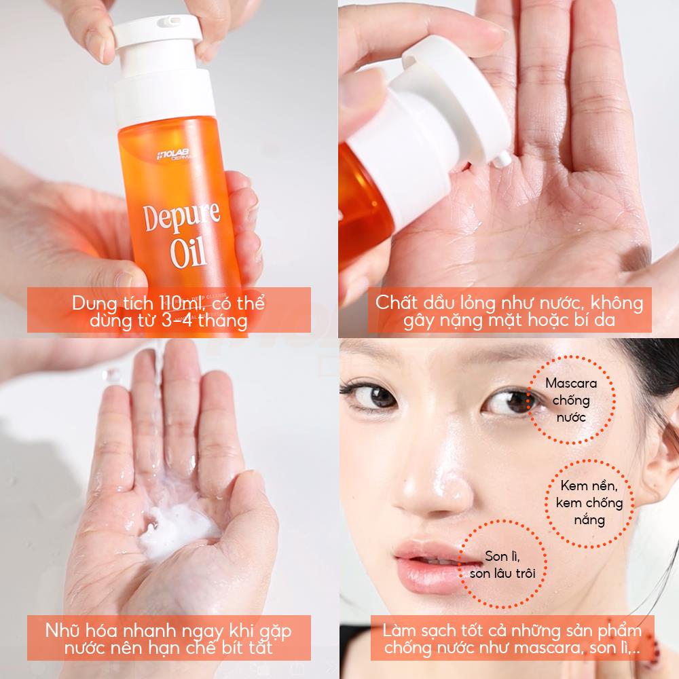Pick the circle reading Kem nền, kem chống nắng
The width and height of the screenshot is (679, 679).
589,503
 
